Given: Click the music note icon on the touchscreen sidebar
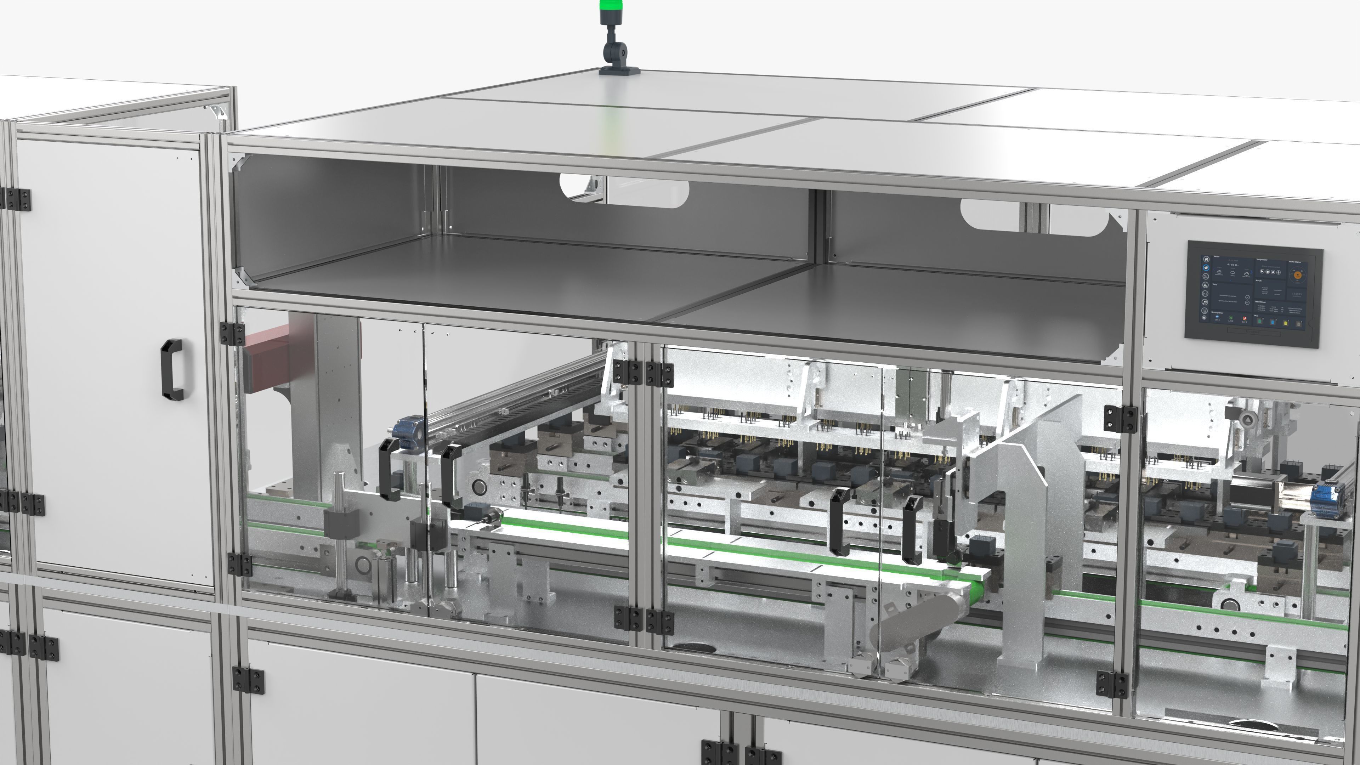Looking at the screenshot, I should click(1205, 301).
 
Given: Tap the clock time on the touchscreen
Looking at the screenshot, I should click(1296, 294).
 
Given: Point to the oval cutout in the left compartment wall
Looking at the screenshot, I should click(624, 190).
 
